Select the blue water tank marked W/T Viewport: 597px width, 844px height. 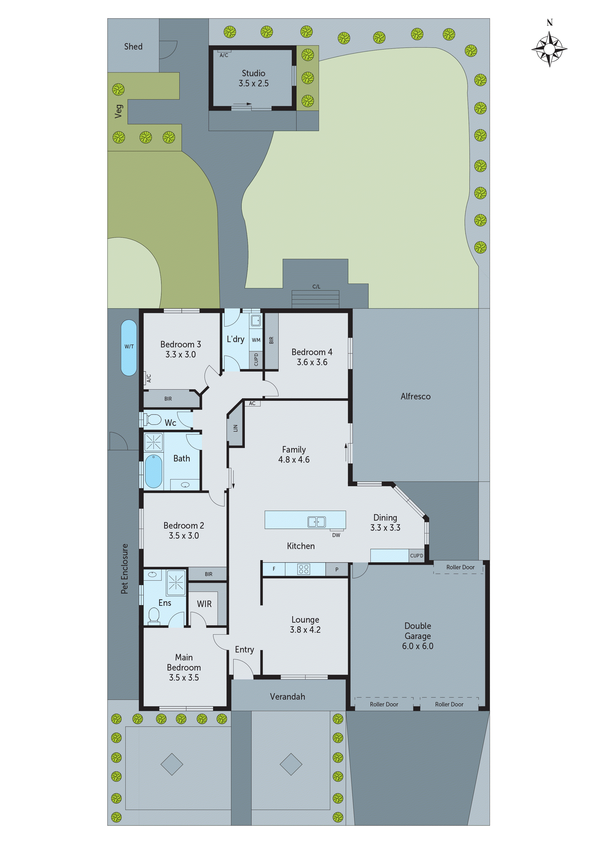coord(129,347)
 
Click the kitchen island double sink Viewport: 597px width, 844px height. coord(316,521)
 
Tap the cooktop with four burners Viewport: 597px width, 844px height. coord(304,569)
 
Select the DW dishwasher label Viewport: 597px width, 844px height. coord(336,535)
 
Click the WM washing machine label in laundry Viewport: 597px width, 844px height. coord(256,340)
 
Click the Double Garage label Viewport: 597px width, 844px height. coord(417,636)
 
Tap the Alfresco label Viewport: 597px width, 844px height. coord(415,396)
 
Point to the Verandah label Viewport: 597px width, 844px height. coord(287,697)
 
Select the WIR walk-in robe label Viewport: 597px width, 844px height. coord(204,604)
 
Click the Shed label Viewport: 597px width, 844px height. coord(133,47)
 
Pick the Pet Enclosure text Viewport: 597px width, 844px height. coord(125,569)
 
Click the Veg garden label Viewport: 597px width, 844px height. coord(118,111)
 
